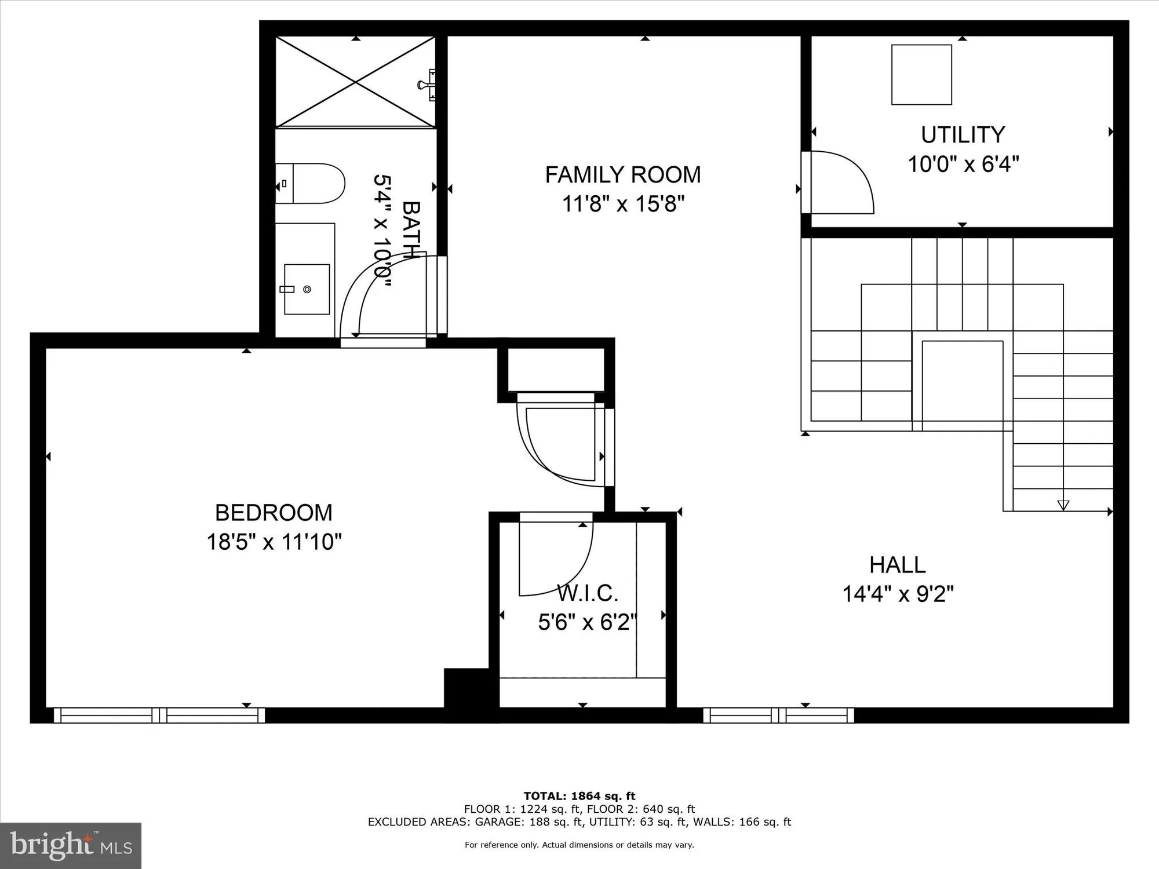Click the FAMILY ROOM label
coord(623,174)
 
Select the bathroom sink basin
coord(307,289)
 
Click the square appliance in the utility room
coord(921,75)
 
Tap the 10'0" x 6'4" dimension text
coord(963,164)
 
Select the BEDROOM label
coord(274,513)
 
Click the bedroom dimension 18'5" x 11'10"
coord(274,542)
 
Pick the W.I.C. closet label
coord(588,593)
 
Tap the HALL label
coord(898,565)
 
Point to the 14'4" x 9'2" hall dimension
coord(898,594)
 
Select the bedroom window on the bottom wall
coord(159,715)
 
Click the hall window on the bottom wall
coord(778,715)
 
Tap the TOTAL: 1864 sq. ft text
coord(579,796)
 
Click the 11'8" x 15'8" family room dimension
coord(623,204)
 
